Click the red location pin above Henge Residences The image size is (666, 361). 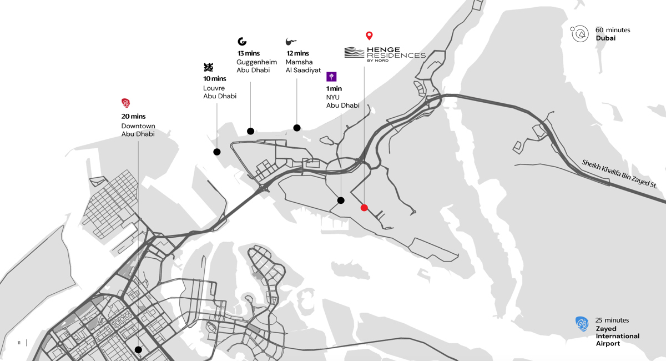(369, 36)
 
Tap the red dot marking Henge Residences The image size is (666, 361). (364, 208)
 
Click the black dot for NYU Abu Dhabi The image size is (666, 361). (341, 200)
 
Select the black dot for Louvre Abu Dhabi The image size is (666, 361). (217, 152)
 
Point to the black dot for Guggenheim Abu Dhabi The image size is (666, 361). (251, 131)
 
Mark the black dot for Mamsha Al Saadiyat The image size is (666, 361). (297, 128)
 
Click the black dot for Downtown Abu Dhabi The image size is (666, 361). (138, 350)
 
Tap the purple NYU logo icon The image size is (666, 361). (331, 77)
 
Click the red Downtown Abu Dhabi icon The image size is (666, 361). (126, 103)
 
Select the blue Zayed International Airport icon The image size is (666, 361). (582, 324)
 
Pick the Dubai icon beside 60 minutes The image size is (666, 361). (580, 34)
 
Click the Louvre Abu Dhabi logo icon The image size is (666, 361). (208, 67)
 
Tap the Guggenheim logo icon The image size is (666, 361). (242, 41)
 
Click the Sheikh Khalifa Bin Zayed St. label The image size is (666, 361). (619, 173)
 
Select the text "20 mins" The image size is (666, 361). (134, 117)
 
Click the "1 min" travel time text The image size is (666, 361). (334, 89)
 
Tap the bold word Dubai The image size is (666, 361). (606, 38)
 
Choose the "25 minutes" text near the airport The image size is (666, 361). (612, 320)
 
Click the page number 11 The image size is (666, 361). (19, 343)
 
